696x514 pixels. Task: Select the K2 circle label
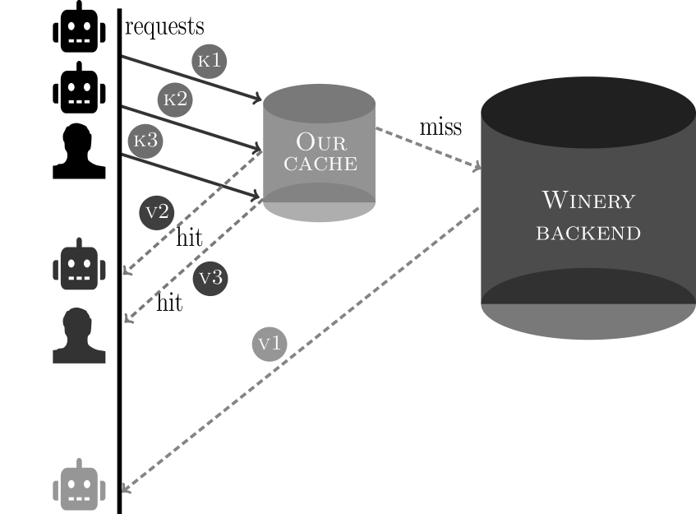(x=174, y=100)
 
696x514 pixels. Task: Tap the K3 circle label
(x=145, y=141)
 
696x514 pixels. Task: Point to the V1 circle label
(x=269, y=343)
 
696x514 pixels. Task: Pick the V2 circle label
(x=156, y=212)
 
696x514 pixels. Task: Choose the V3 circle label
(x=210, y=278)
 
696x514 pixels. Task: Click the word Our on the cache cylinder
(x=320, y=141)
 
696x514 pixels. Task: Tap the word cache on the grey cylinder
(x=320, y=164)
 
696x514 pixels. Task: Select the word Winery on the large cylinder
(x=588, y=201)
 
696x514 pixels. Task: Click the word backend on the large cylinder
(x=588, y=233)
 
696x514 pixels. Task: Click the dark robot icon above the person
(x=80, y=266)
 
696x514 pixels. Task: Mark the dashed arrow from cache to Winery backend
(x=427, y=148)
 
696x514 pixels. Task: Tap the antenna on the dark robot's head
(x=80, y=243)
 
